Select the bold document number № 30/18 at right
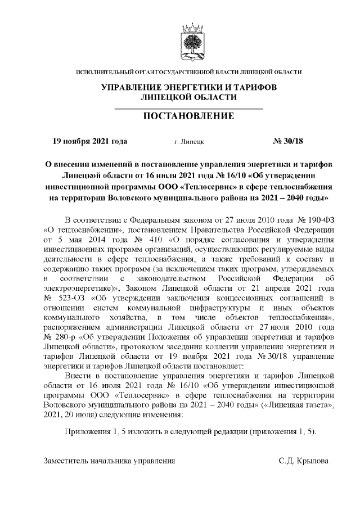287,141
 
